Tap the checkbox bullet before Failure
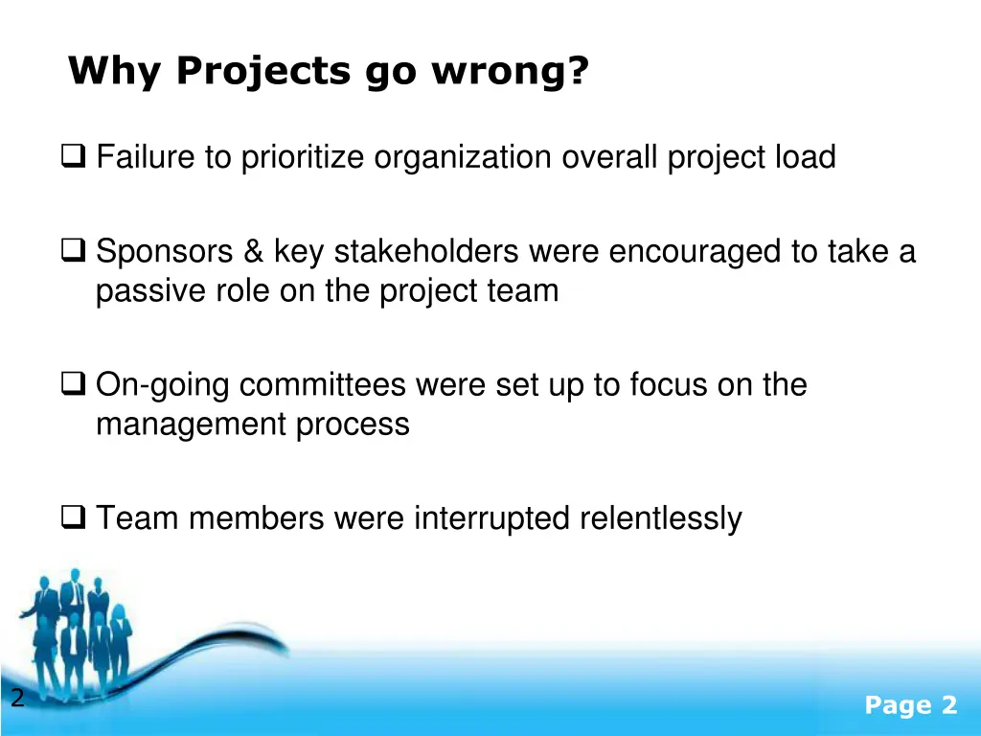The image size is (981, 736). click(x=73, y=155)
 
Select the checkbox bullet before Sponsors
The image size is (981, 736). click(x=73, y=252)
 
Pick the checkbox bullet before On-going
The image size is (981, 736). click(x=73, y=385)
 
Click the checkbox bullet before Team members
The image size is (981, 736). click(x=73, y=518)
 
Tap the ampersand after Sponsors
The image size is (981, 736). click(x=253, y=252)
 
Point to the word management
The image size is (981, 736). click(x=192, y=424)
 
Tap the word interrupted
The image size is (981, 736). click(x=492, y=518)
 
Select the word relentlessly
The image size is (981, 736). click(x=660, y=518)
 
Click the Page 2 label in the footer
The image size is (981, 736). click(x=910, y=705)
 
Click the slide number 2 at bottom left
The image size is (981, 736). click(x=16, y=699)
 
